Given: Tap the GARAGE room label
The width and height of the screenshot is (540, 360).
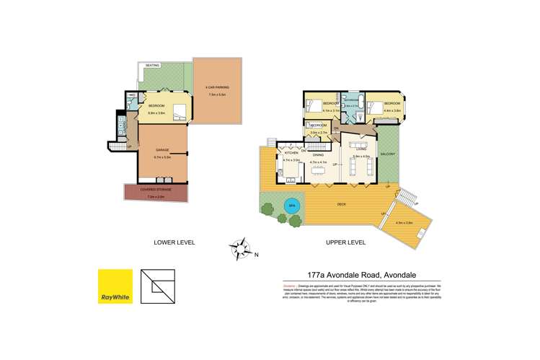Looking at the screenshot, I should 162,150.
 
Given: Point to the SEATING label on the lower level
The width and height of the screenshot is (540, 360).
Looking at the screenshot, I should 153,66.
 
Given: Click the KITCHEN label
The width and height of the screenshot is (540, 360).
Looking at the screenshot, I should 291,153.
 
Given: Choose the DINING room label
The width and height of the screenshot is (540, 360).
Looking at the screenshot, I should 317,153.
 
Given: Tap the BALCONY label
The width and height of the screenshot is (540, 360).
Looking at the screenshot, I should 387,154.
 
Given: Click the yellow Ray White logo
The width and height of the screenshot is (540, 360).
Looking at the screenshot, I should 115,286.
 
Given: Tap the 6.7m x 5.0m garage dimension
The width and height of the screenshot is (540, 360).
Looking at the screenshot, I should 162,157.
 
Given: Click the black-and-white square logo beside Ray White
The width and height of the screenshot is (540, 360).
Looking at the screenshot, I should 158,286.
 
